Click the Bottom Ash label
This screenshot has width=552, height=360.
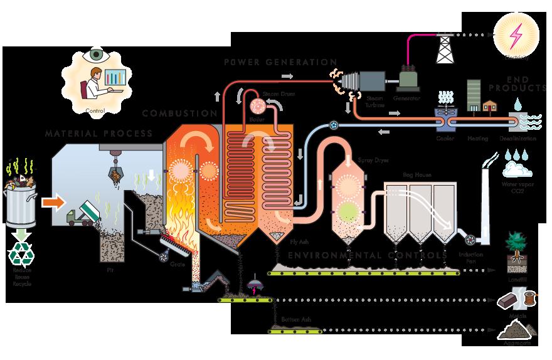(295, 320)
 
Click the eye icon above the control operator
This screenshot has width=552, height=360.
(96, 55)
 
